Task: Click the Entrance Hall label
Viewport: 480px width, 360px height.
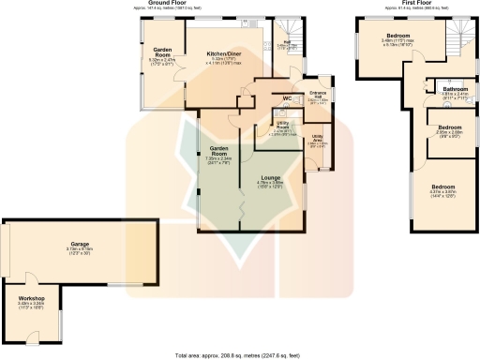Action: point(318,93)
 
